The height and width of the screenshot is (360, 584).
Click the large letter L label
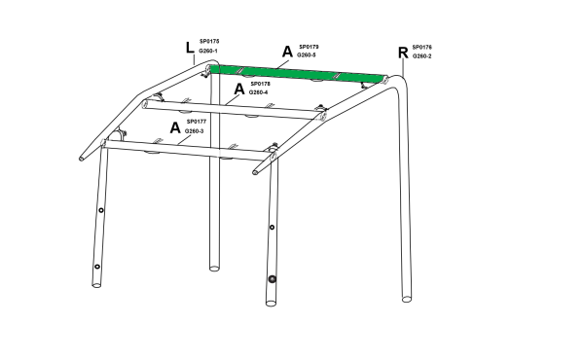click(190, 48)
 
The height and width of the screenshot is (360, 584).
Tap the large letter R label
click(403, 53)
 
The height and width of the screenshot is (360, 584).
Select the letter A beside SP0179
click(287, 52)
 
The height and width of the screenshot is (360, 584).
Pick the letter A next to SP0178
click(239, 89)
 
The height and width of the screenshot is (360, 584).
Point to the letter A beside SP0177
click(175, 127)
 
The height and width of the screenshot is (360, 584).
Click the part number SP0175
click(209, 41)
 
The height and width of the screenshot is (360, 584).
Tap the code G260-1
click(208, 51)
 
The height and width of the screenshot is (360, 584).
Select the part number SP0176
click(421, 48)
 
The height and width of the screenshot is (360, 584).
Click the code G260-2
click(421, 56)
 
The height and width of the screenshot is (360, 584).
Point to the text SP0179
click(309, 47)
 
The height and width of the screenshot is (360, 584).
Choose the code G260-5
click(307, 55)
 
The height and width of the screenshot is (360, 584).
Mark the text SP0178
click(260, 84)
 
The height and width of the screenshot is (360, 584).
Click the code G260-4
click(258, 92)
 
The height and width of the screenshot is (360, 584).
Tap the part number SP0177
click(197, 122)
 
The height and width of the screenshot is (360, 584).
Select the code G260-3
click(194, 131)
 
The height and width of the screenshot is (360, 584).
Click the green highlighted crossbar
click(297, 73)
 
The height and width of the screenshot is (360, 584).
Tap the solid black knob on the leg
click(273, 279)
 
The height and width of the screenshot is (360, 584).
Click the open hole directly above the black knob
click(272, 227)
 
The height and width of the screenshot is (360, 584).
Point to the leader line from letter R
click(403, 68)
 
